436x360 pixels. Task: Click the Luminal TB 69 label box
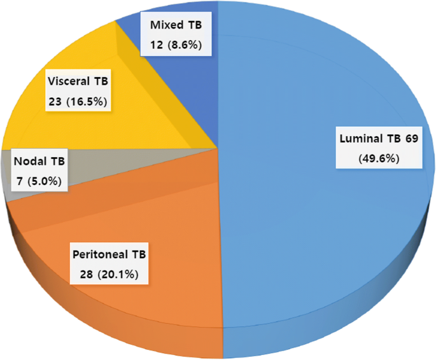378,148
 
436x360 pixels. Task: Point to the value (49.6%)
378,158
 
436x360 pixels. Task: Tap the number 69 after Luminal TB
411,139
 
